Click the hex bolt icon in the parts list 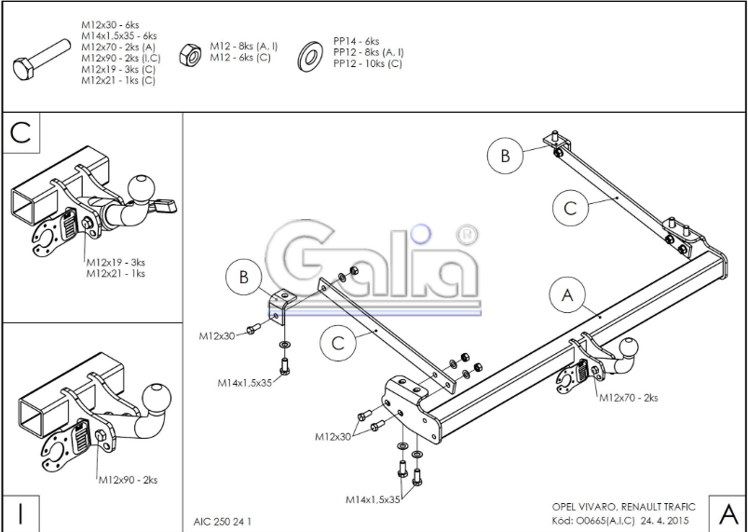coord(42,60)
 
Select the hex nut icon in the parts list coord(190,54)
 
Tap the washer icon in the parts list coord(309,56)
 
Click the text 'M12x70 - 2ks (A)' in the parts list coord(118,47)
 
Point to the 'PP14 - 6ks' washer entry coord(357,41)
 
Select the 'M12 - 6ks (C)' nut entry coord(240,57)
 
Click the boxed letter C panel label coord(20,132)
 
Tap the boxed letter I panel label coord(20,514)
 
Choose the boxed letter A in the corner coord(728,514)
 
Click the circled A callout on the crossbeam coord(567,295)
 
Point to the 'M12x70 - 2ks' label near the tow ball coord(628,398)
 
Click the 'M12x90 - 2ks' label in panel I coord(128,480)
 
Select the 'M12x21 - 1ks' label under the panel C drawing coord(116,273)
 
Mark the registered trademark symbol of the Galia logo coord(467,235)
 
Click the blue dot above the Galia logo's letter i coord(421,234)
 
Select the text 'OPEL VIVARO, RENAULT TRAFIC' coord(623,507)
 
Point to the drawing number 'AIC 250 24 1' coord(223,522)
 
